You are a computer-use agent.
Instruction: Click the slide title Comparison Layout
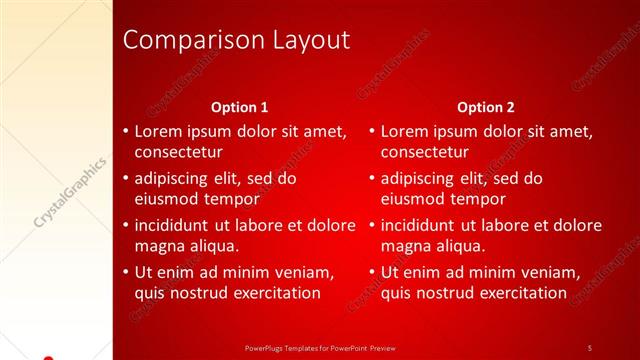pyautogui.click(x=236, y=40)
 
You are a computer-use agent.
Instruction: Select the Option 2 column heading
pyautogui.click(x=486, y=107)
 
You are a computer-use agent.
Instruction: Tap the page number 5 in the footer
pyautogui.click(x=589, y=347)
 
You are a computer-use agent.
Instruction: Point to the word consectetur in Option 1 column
pyautogui.click(x=178, y=153)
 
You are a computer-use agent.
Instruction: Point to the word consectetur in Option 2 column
pyautogui.click(x=425, y=153)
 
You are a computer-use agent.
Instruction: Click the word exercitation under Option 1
pyautogui.click(x=272, y=293)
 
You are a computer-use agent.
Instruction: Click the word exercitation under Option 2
pyautogui.click(x=519, y=293)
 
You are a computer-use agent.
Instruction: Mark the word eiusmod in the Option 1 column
pyautogui.click(x=166, y=200)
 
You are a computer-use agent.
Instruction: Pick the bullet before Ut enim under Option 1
pyautogui.click(x=124, y=272)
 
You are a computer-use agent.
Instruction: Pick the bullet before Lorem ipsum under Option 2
pyautogui.click(x=371, y=131)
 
